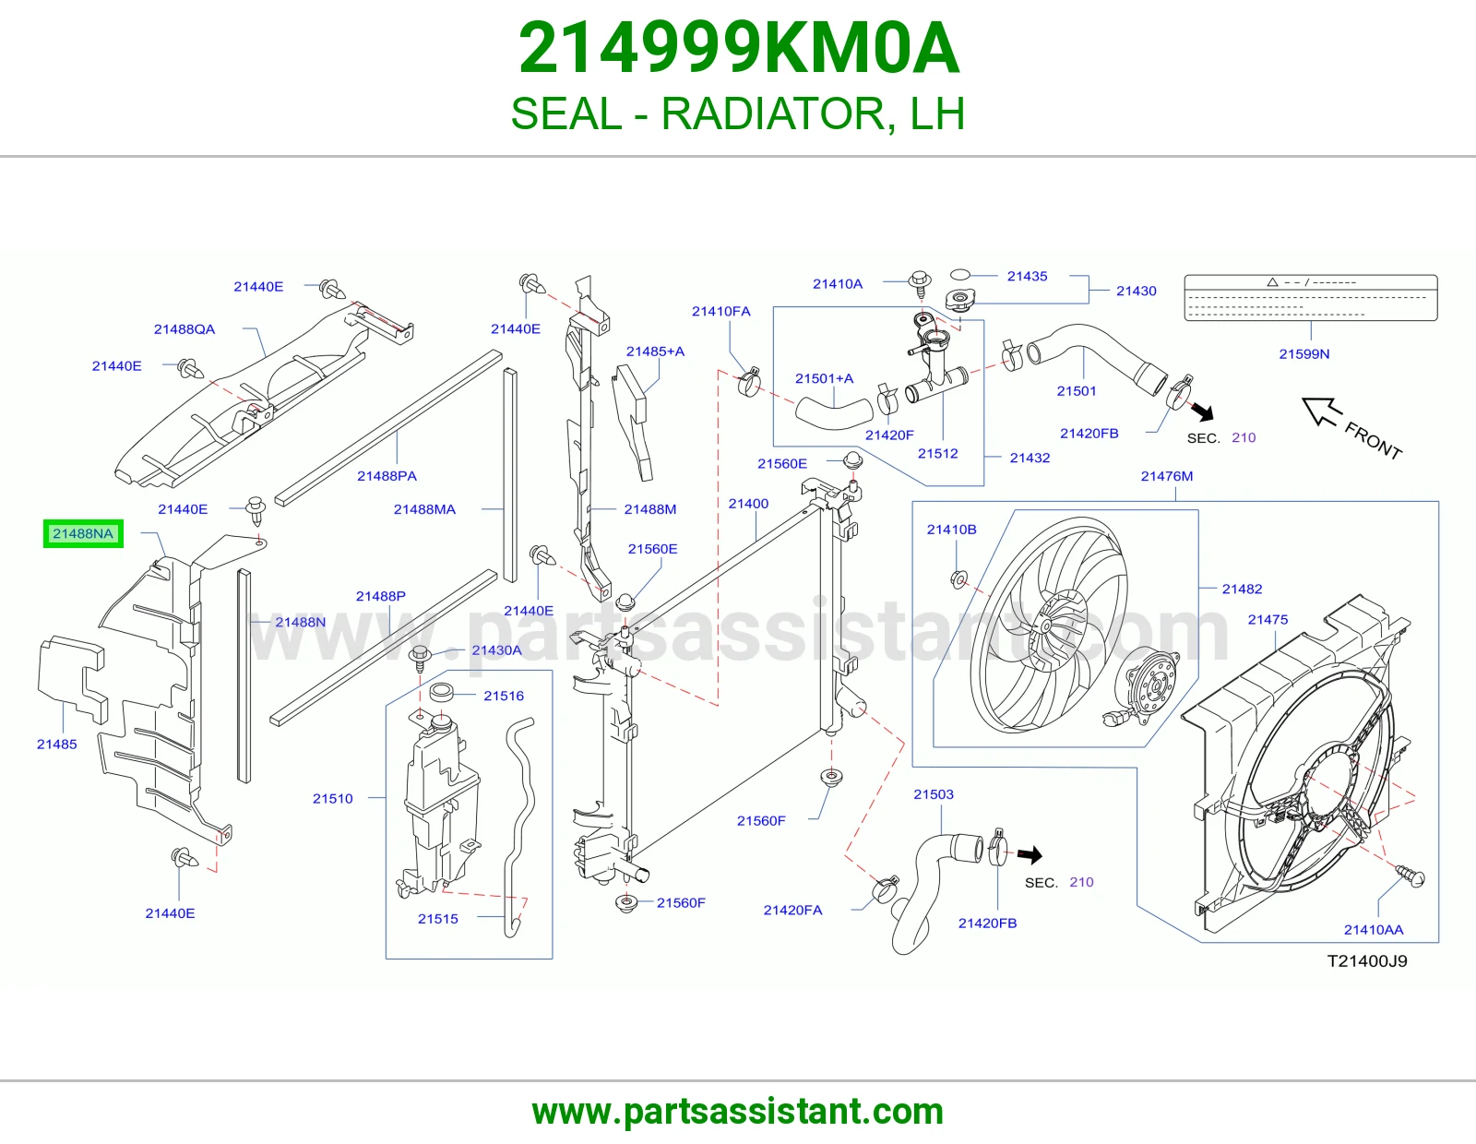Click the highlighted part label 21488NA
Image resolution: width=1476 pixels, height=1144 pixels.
pyautogui.click(x=83, y=533)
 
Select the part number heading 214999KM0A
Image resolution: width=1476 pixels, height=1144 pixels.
pyautogui.click(x=738, y=48)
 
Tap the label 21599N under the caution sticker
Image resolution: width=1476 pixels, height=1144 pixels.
pyautogui.click(x=1304, y=354)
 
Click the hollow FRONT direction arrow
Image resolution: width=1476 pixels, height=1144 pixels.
pyautogui.click(x=1321, y=411)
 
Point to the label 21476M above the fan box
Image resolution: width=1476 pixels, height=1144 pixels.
pyautogui.click(x=1166, y=476)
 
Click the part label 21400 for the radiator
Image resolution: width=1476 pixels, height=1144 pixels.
pyautogui.click(x=748, y=504)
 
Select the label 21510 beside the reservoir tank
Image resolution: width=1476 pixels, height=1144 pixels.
pyautogui.click(x=332, y=798)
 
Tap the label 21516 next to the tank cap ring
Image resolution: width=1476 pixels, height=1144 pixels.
pyautogui.click(x=504, y=696)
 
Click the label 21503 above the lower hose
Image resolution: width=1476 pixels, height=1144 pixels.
pyautogui.click(x=934, y=794)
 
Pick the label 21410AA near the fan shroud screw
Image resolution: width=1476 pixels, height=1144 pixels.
pyautogui.click(x=1374, y=929)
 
